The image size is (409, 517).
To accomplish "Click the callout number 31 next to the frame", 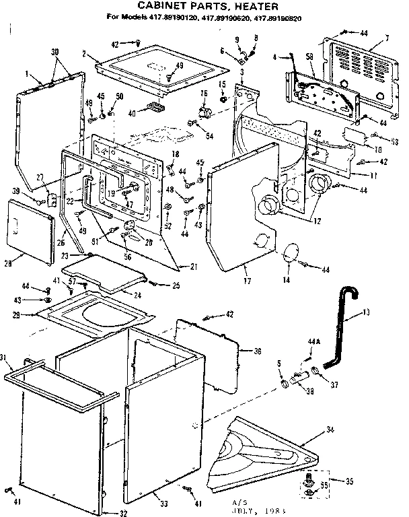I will click(x=5, y=357).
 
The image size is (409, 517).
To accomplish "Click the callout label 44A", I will click(x=313, y=342).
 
